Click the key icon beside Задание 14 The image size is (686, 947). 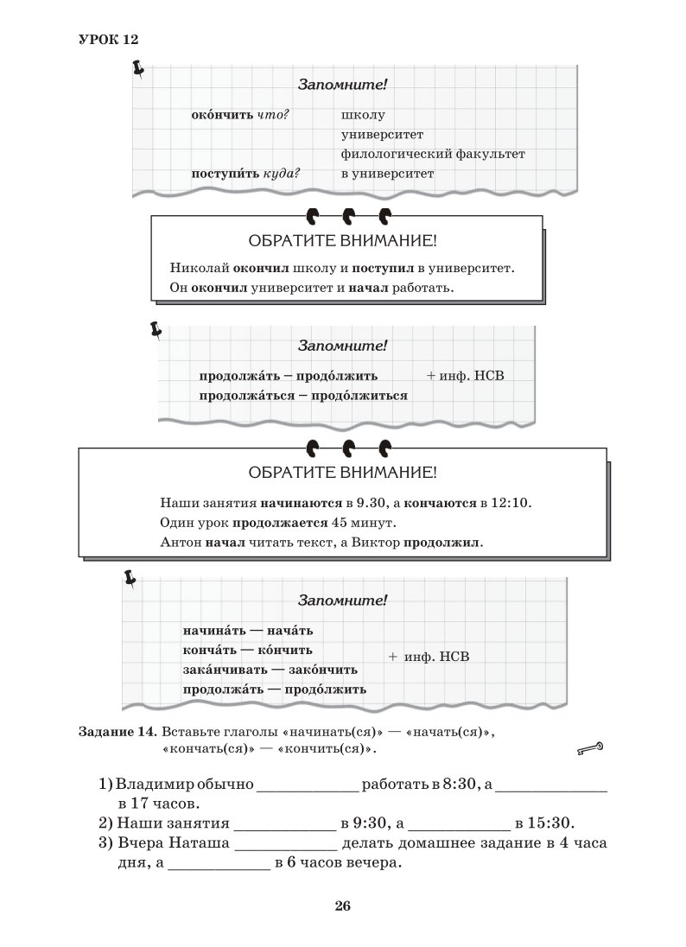(589, 748)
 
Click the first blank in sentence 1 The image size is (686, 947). (308, 785)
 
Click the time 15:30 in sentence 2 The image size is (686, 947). (556, 823)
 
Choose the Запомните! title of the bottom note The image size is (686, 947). (342, 600)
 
